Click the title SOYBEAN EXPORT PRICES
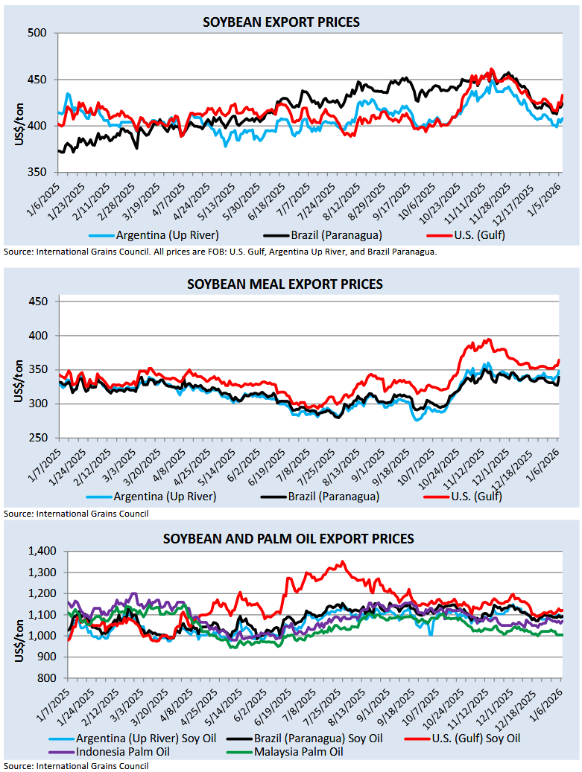point(281,22)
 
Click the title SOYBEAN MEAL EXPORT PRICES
point(285,284)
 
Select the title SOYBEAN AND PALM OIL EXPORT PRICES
point(289,538)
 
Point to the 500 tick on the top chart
point(37,33)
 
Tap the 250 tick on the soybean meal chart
point(37,438)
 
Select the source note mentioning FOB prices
point(220,252)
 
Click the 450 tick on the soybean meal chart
point(37,302)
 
